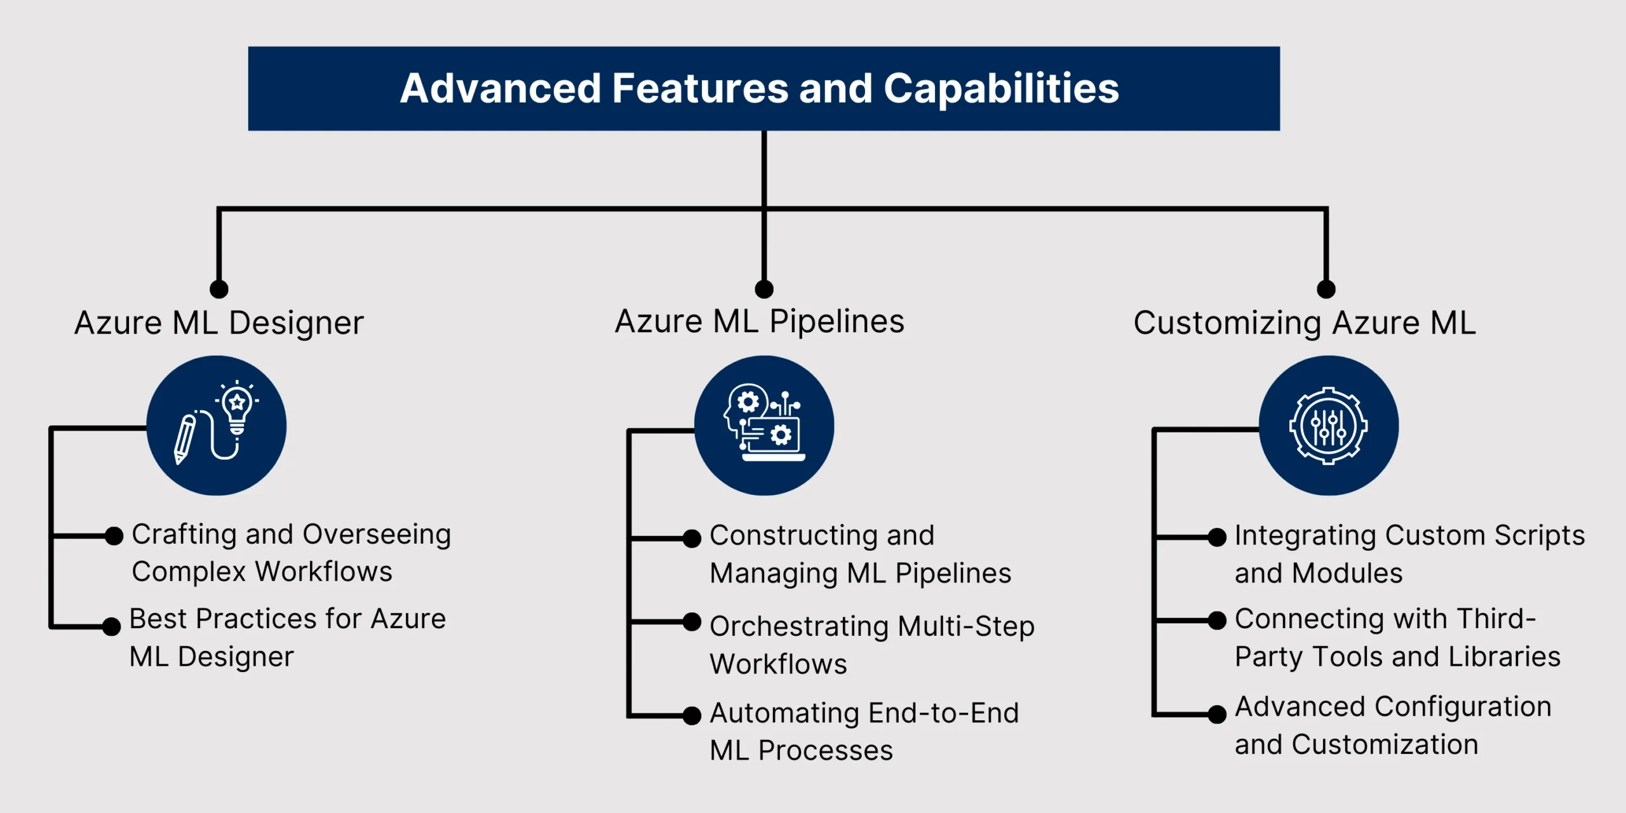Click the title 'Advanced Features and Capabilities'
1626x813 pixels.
tap(760, 88)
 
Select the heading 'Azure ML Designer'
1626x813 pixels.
tap(219, 323)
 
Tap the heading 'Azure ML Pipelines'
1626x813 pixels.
tap(760, 322)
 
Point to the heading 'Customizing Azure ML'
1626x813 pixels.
tap(1305, 323)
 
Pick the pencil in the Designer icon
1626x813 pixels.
tap(185, 439)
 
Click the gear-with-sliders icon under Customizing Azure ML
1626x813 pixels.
tap(1328, 426)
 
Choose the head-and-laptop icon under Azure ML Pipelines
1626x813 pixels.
tap(764, 422)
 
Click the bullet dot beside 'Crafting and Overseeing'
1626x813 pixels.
tap(114, 536)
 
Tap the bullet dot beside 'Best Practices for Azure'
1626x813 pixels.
tap(111, 626)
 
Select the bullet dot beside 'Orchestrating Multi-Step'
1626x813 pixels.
tap(692, 622)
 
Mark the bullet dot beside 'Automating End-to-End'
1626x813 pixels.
tap(692, 715)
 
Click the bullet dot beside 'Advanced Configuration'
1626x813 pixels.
tap(1216, 714)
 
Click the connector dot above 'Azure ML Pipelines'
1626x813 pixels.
tap(764, 289)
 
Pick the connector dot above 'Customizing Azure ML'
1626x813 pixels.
tap(1326, 289)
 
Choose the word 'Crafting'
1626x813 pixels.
tap(184, 535)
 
